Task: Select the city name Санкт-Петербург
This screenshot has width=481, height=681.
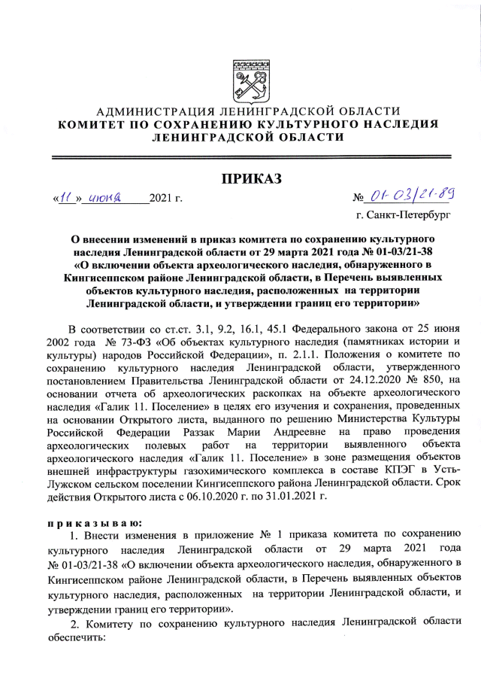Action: coord(411,217)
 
